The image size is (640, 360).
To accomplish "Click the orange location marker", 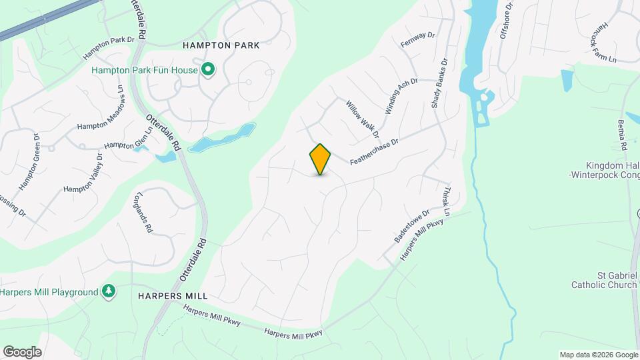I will pos(321,159).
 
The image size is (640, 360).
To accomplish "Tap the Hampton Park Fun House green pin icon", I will pos(208,69).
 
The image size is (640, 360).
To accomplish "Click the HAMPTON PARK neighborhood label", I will pos(221,45).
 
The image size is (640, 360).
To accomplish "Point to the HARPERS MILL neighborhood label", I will pos(173,295).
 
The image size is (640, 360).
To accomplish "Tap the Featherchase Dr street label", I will pos(374,152).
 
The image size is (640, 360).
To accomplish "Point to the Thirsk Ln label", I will pos(447,201).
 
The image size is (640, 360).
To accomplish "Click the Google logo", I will pos(22,351).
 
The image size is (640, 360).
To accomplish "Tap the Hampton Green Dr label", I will pos(31,162).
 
